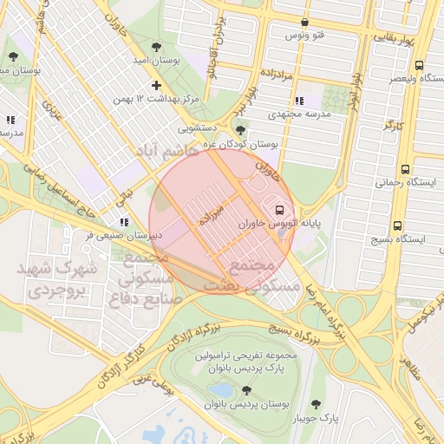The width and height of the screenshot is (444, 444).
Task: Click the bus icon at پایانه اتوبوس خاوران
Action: click(278, 209)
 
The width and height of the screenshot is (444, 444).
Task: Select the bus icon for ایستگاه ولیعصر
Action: click(420, 65)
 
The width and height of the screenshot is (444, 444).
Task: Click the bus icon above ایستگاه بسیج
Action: click(397, 225)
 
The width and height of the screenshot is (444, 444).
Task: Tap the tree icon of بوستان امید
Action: click(156, 47)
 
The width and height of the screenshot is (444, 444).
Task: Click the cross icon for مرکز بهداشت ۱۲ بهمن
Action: click(156, 85)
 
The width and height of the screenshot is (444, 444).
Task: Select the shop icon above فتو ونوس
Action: click(304, 23)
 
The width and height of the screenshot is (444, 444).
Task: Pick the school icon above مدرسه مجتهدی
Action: click(300, 101)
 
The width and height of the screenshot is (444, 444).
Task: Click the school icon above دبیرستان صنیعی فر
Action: click(125, 222)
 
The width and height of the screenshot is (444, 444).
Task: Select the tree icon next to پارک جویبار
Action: click(316, 404)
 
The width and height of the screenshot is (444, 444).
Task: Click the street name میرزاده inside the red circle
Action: click(212, 214)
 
